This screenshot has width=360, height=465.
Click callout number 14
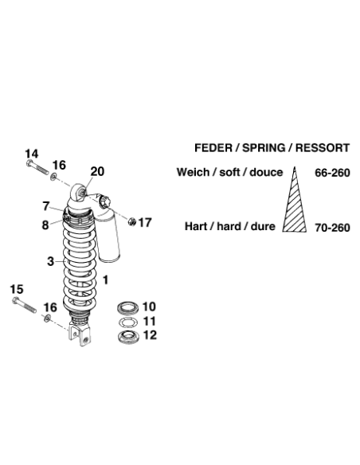[x=32, y=154]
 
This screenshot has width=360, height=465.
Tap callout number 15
[x=17, y=289]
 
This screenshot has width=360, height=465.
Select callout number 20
[x=97, y=171]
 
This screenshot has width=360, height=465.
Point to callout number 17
[x=145, y=222]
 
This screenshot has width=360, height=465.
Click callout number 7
[x=45, y=206]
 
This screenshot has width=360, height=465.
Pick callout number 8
[x=45, y=225]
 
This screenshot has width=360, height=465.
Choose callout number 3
[x=51, y=261]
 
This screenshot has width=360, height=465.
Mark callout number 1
[x=105, y=280]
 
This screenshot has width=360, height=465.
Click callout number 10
[x=149, y=307]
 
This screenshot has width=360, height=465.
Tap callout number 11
[x=150, y=321]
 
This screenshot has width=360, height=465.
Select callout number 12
[x=150, y=335]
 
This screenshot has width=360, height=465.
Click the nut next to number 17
[x=132, y=221]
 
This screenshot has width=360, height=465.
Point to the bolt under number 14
[x=37, y=167]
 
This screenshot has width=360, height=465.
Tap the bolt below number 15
[x=25, y=305]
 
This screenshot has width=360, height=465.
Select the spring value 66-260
[x=332, y=173]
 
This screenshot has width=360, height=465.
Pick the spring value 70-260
[x=332, y=228]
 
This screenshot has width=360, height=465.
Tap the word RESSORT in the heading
[x=323, y=147]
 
